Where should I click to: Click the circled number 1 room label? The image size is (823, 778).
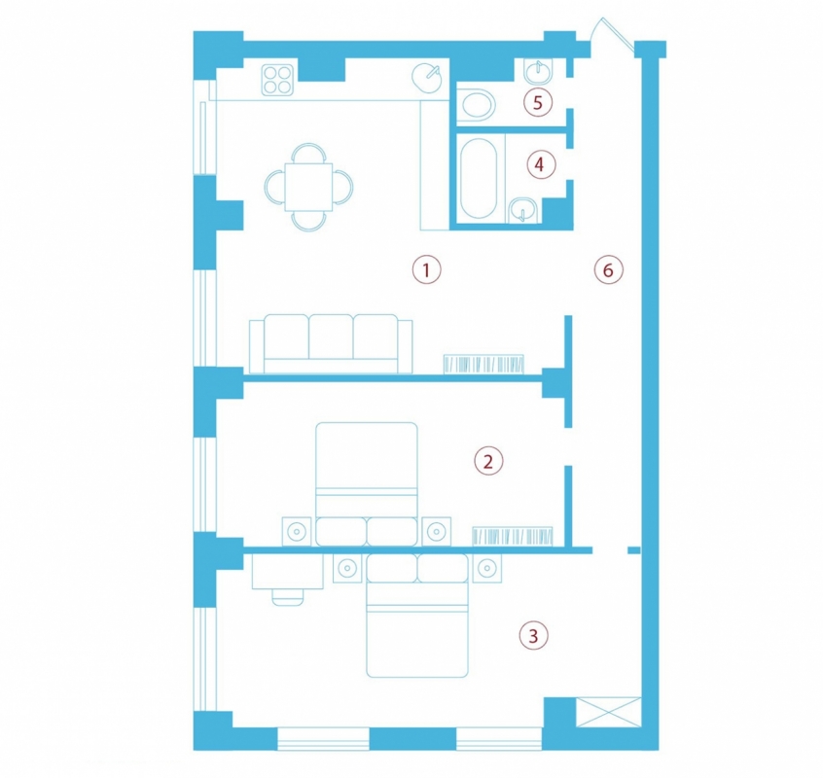[426, 269]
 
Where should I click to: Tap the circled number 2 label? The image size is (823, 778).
[488, 461]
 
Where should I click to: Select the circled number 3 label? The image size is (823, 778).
[533, 636]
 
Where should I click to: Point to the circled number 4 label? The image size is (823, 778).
[541, 164]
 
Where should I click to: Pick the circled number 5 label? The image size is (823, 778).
[538, 102]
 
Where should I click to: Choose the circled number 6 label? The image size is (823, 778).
[608, 269]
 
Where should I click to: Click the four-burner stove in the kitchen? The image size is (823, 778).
[277, 80]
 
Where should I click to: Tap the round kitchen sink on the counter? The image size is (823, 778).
[427, 78]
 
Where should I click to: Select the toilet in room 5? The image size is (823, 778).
[476, 105]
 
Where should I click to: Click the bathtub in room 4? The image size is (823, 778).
[479, 178]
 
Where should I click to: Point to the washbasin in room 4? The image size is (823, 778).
[522, 210]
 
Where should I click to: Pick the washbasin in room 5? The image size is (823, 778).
[538, 71]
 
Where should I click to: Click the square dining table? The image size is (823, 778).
[308, 187]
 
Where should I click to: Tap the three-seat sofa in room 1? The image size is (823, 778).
[331, 343]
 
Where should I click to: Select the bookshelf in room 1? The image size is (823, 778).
[483, 364]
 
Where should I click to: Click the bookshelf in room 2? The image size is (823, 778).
[513, 536]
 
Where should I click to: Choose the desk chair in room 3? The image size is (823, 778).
[288, 597]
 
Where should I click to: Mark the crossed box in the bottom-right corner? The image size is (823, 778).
[609, 712]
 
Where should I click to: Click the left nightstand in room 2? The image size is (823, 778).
[297, 531]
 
